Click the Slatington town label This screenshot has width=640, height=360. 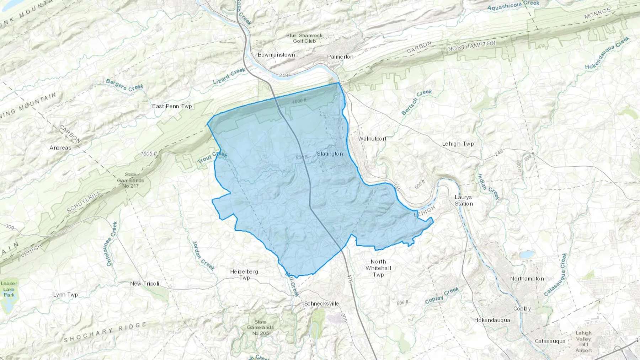pyautogui.click(x=330, y=154)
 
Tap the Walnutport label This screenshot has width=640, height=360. pyautogui.click(x=372, y=139)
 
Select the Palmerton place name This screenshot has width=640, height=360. pyautogui.click(x=340, y=57)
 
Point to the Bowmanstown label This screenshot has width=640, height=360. pyautogui.click(x=276, y=55)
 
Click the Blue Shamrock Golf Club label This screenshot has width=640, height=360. pyautogui.click(x=304, y=38)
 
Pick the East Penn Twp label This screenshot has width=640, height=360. pyautogui.click(x=172, y=106)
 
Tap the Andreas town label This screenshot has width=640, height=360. pyautogui.click(x=60, y=147)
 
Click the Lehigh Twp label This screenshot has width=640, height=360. pyautogui.click(x=458, y=144)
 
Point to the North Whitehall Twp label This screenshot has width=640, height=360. pyautogui.click(x=378, y=268)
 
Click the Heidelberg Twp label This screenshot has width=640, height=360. pyautogui.click(x=244, y=274)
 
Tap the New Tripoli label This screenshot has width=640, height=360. pyautogui.click(x=144, y=284)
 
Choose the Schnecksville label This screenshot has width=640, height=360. pyautogui.click(x=321, y=304)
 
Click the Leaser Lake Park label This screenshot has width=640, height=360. pyautogui.click(x=9, y=289)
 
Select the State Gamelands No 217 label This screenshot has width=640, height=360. pyautogui.click(x=130, y=180)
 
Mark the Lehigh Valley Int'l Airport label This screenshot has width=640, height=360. pyautogui.click(x=583, y=342)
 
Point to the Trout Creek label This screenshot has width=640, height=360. pyautogui.click(x=212, y=158)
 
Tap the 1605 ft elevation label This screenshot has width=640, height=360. pyautogui.click(x=149, y=154)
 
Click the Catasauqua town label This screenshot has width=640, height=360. pyautogui.click(x=550, y=341)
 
